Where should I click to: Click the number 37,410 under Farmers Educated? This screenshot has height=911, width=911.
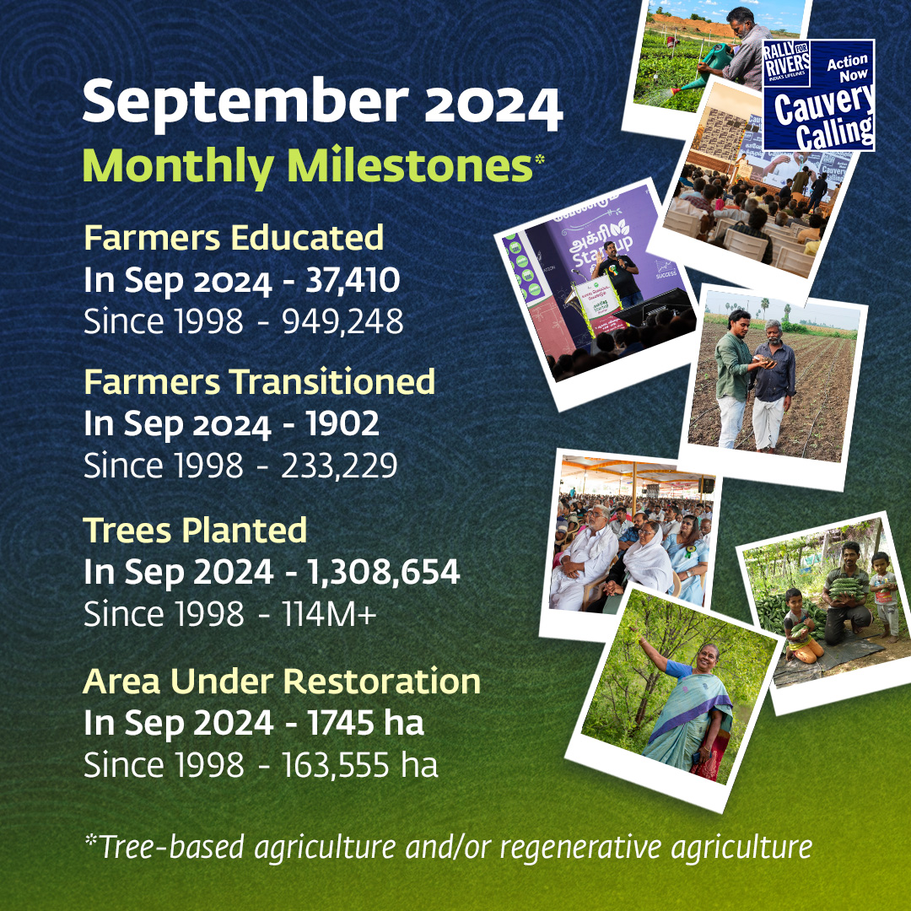tap(353, 280)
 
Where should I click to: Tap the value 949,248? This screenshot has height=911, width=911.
tap(342, 321)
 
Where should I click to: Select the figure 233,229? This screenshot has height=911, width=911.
tap(339, 466)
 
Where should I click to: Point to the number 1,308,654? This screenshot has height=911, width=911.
tap(384, 572)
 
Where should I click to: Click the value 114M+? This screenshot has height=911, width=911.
tap(330, 613)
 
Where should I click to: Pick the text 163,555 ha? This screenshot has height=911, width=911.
tap(359, 764)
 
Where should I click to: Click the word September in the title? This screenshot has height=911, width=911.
tap(245, 103)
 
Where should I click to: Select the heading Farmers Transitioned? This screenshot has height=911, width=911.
tap(259, 382)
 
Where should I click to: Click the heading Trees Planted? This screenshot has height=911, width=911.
tap(195, 530)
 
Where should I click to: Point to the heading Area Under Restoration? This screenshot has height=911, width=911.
tap(282, 681)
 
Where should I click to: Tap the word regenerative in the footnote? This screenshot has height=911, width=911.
tap(579, 847)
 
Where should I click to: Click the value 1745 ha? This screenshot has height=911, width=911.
tap(365, 723)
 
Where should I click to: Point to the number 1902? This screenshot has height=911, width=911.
tap(342, 423)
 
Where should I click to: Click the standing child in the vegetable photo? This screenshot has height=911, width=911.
tap(885, 594)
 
